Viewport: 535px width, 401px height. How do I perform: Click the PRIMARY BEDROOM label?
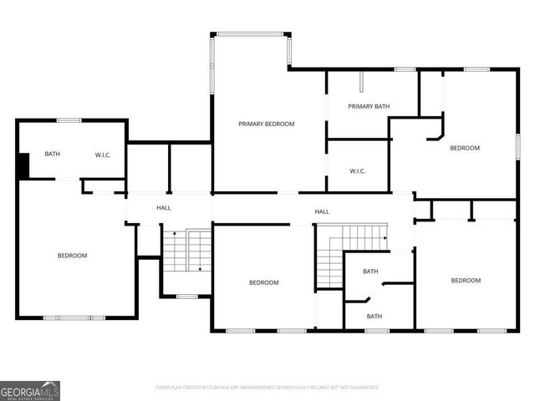click(x=266, y=124)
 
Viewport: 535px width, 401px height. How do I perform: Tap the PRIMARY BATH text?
click(x=369, y=106)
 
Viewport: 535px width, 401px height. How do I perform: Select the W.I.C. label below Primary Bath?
click(x=357, y=171)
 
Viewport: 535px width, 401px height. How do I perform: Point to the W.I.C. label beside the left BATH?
click(x=103, y=154)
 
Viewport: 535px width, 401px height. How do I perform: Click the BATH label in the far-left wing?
click(x=52, y=154)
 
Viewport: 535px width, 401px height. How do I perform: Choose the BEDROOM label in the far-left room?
click(x=72, y=256)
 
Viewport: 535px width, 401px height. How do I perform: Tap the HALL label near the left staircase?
click(x=164, y=207)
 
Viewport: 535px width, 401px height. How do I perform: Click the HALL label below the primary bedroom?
click(x=321, y=211)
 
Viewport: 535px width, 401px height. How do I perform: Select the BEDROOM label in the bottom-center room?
click(x=263, y=282)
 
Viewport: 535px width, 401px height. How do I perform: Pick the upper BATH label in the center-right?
click(x=370, y=272)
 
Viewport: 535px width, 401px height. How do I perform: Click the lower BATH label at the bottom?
click(x=374, y=316)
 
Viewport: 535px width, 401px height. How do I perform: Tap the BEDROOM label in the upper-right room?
click(x=465, y=148)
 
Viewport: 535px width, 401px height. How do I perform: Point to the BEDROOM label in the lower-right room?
click(x=466, y=281)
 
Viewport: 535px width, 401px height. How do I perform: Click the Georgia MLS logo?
click(x=30, y=390)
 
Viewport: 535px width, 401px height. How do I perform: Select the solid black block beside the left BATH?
click(x=24, y=165)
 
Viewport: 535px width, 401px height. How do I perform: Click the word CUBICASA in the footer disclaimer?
click(x=217, y=388)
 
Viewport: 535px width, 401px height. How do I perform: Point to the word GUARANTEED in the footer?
click(x=364, y=388)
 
